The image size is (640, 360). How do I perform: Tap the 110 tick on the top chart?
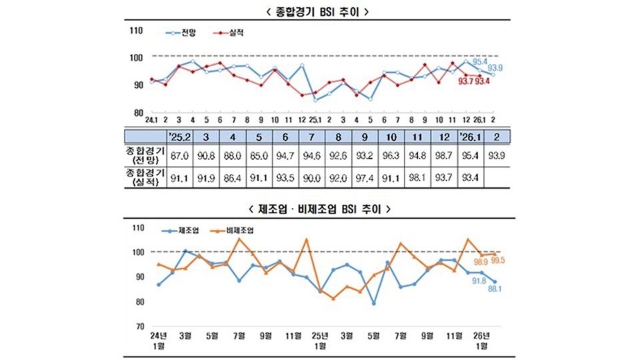click(137, 31)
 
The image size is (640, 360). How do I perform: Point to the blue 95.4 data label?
click(480, 61)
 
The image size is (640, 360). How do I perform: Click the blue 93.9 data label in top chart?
click(495, 67)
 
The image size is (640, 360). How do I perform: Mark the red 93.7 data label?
click(465, 82)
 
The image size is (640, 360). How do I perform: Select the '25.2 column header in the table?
click(180, 137)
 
